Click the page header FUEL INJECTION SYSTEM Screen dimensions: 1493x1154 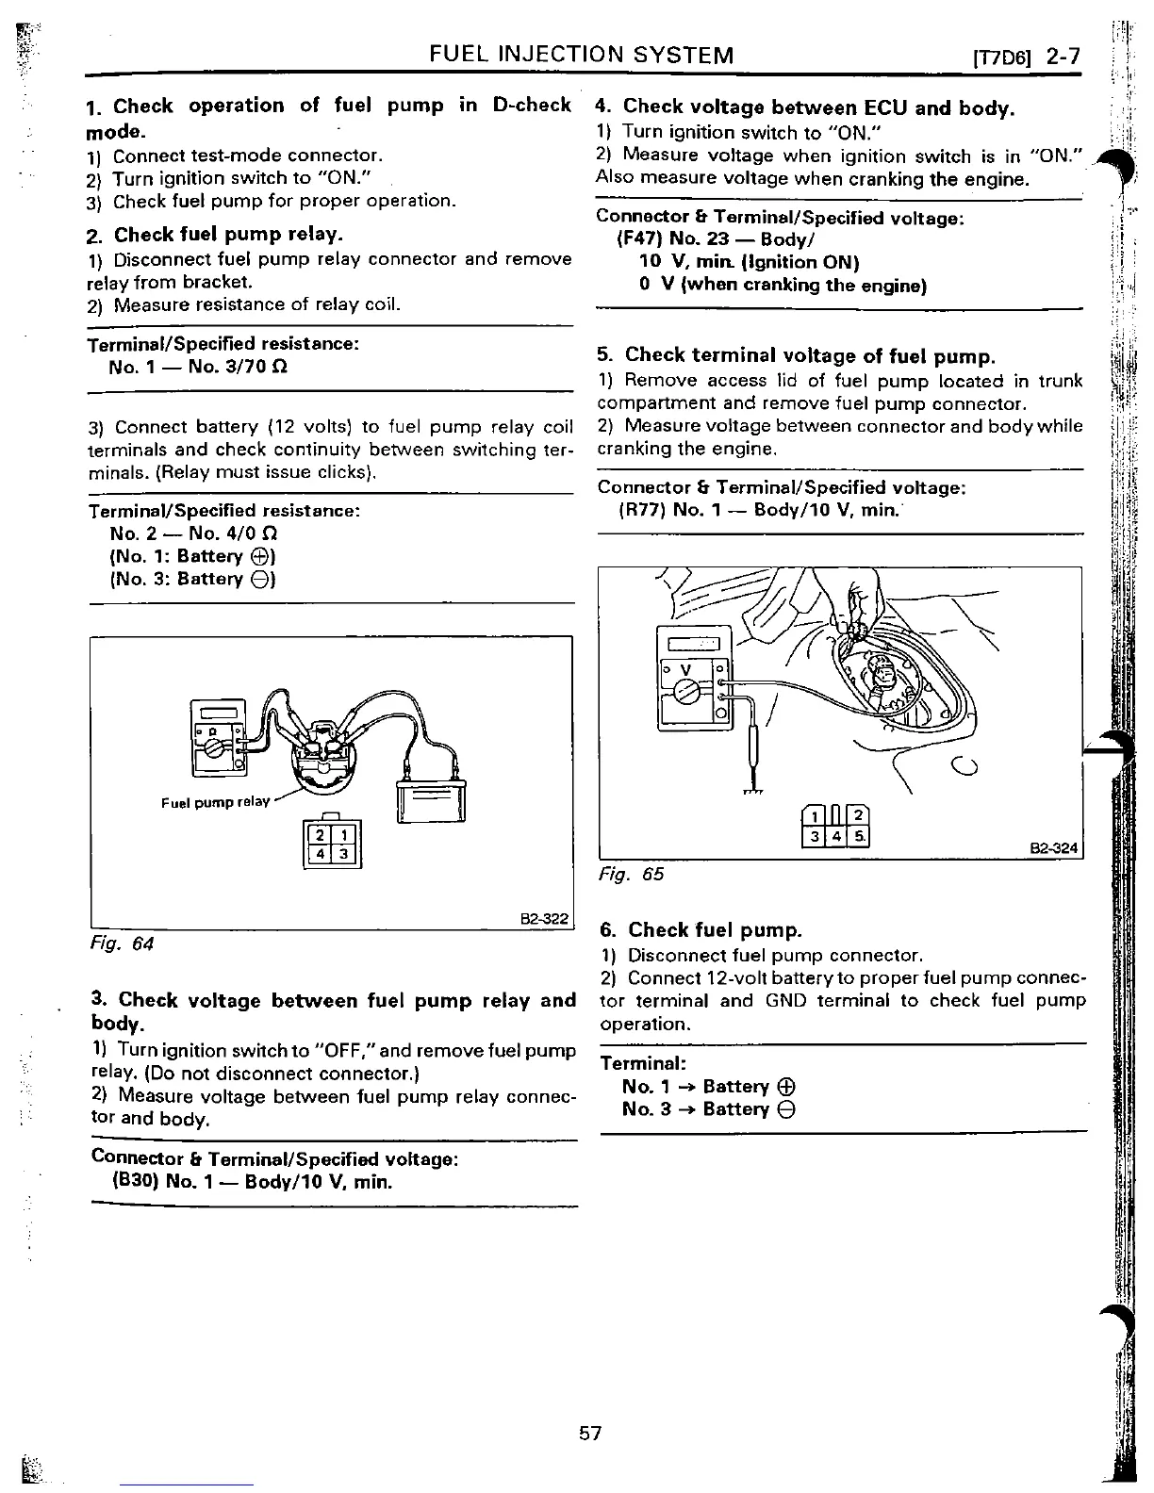coord(581,55)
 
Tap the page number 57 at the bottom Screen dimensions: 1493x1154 coord(590,1434)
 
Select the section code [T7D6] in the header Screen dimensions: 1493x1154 coord(1004,57)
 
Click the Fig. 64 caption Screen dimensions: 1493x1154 coord(122,943)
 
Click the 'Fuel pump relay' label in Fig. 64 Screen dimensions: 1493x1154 coord(215,802)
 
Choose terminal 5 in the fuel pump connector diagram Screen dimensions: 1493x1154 coord(858,836)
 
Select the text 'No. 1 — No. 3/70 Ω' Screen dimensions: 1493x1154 coord(198,367)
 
